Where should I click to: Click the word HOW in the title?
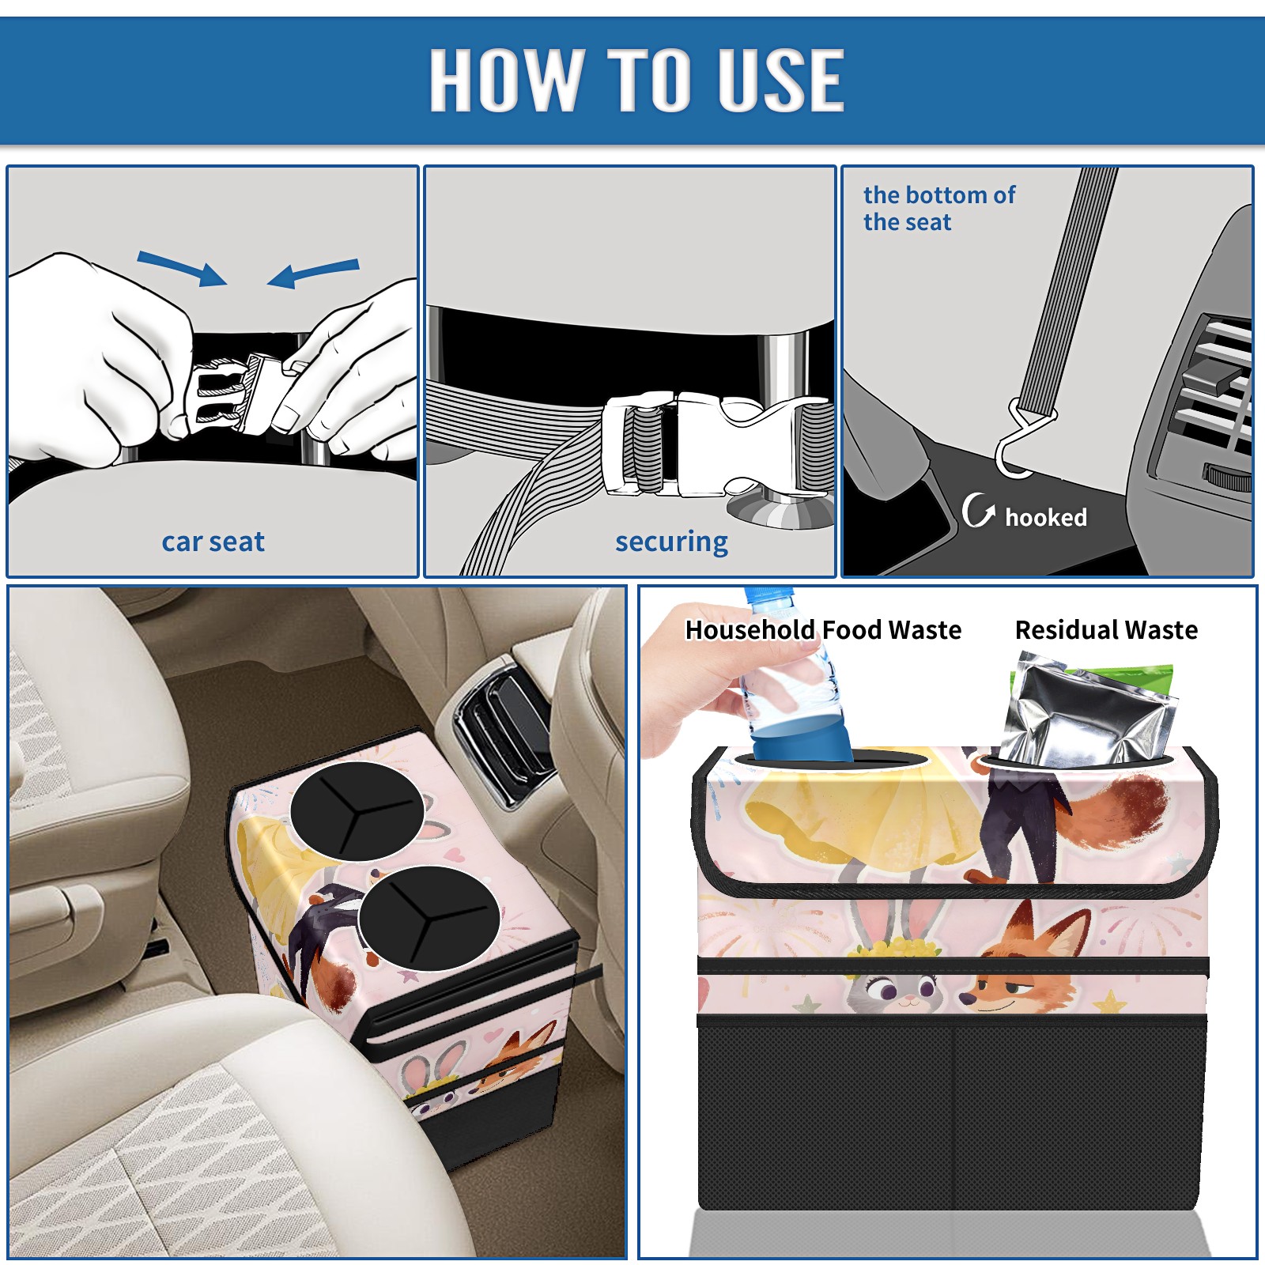point(506,79)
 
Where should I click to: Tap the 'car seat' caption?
point(213,542)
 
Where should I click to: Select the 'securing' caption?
point(671,542)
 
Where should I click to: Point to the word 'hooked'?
point(1046,517)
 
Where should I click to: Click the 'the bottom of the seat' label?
point(938,208)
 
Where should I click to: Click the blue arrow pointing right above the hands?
point(182,268)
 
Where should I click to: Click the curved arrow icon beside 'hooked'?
point(977,510)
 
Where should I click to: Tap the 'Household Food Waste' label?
point(823,629)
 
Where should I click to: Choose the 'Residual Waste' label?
point(1106,629)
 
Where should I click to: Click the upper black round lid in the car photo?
point(357,810)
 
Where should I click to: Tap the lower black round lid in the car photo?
point(429,918)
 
